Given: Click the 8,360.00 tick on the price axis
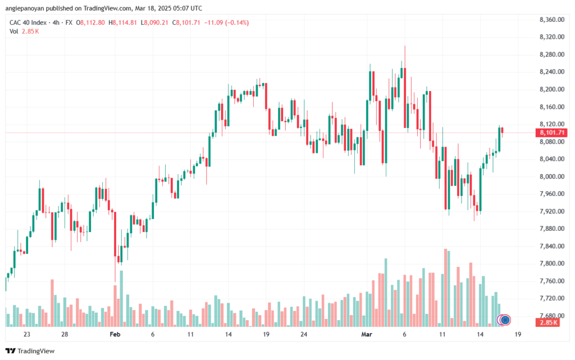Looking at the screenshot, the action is point(552,20).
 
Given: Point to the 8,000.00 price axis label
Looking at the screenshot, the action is point(552,176).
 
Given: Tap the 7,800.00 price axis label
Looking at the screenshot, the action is point(552,263).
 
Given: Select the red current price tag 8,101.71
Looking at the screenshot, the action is point(551,133).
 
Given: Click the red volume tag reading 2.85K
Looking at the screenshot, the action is point(548,322).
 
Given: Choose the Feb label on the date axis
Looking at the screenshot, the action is point(115,334).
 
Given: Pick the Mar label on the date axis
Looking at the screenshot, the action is point(367,334).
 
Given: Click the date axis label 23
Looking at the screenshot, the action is point(27,334).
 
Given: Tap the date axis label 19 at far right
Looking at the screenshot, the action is point(518,334).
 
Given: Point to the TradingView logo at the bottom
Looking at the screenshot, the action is point(30,351).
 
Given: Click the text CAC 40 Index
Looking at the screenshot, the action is point(28,22).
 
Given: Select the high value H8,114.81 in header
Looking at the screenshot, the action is point(122,22).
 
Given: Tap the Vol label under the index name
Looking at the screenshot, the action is point(13,31).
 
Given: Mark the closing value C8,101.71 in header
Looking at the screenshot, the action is point(186,22).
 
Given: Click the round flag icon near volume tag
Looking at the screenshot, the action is point(505,320).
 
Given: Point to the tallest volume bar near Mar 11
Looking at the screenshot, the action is point(445,288).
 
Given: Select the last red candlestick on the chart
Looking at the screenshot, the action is point(502,131).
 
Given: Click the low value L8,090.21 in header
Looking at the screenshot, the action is point(154,22).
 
